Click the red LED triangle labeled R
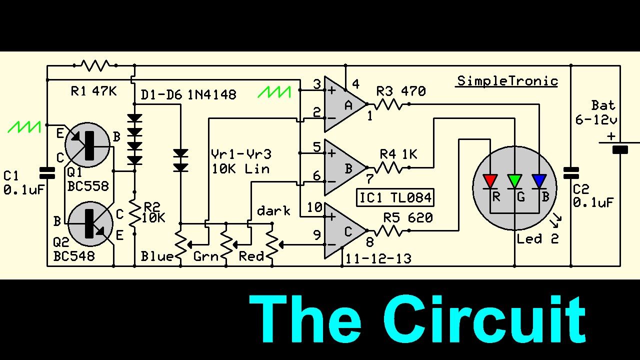click(x=490, y=181)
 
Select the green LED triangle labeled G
click(x=514, y=181)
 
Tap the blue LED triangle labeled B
click(x=539, y=181)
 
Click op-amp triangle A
click(x=345, y=104)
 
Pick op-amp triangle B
click(x=345, y=167)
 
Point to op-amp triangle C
click(x=345, y=230)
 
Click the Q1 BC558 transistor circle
click(x=87, y=145)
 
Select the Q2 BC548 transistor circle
click(x=90, y=224)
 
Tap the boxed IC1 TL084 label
click(x=395, y=197)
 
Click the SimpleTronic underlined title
click(x=507, y=81)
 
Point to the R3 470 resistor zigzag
click(x=388, y=104)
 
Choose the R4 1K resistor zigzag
click(x=388, y=167)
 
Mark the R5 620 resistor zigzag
click(x=388, y=230)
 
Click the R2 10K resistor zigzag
click(x=134, y=213)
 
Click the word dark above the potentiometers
click(x=273, y=211)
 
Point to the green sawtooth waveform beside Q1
click(x=24, y=127)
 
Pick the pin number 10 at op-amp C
click(x=314, y=207)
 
